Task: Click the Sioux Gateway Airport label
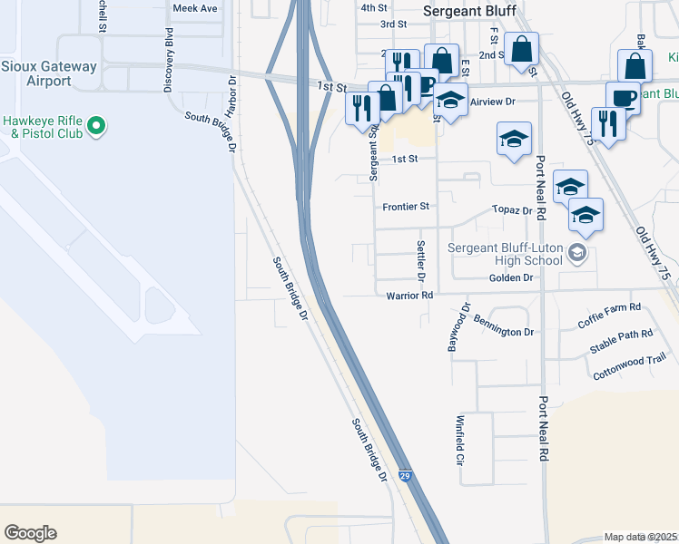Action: click(36, 73)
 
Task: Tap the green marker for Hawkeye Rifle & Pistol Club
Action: click(101, 126)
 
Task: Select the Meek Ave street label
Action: click(195, 8)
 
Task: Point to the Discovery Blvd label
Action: click(169, 60)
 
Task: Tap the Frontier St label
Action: click(405, 207)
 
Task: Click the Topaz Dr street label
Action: click(512, 210)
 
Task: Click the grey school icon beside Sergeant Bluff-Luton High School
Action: click(576, 253)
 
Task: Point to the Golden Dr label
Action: click(510, 278)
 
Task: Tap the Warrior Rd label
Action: click(409, 296)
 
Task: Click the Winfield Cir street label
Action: click(461, 440)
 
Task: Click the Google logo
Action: click(30, 533)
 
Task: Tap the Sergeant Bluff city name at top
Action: click(470, 11)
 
